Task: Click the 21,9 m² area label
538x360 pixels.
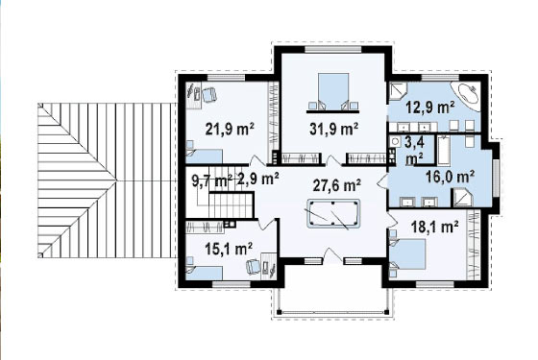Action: point(230,130)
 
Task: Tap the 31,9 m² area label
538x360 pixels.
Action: point(334,129)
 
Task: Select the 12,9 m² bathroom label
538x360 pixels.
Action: point(430,108)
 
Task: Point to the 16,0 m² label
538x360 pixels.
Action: point(450,177)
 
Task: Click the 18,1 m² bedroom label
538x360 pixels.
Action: point(434,227)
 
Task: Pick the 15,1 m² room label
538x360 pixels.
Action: point(229,249)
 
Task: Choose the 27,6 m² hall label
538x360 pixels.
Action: point(336,185)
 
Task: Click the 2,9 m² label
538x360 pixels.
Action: point(257,180)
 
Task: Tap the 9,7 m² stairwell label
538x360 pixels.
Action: point(212,180)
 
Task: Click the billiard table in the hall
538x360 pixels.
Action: point(333,213)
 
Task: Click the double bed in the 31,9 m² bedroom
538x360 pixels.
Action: point(333,92)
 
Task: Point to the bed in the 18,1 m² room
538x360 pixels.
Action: point(407,254)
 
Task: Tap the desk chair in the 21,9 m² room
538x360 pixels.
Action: point(208,94)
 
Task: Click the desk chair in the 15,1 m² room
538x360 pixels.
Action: point(253,266)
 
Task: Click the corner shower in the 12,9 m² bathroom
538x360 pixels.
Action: point(398,90)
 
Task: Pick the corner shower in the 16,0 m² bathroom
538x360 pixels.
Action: point(462,198)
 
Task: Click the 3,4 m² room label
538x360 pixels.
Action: point(414,150)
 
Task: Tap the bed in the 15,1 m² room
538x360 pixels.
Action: point(204,273)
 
